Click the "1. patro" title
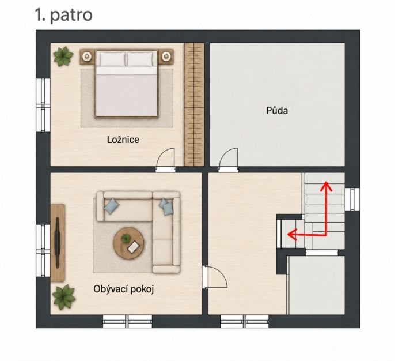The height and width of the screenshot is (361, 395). [64, 15]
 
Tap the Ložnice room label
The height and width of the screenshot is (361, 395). [123, 140]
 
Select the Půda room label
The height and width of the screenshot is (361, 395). [277, 111]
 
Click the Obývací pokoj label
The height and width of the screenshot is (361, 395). [123, 289]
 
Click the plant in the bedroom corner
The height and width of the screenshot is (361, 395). [63, 57]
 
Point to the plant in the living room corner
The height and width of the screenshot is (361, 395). [64, 297]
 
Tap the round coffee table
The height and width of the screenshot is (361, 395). [129, 243]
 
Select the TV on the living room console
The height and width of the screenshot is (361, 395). [58, 242]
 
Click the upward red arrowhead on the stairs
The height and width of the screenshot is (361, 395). [326, 186]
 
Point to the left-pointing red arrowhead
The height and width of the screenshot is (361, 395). [293, 235]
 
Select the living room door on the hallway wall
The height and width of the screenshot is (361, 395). [214, 277]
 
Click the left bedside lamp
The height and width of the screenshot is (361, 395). [87, 57]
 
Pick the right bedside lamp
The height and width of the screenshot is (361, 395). [166, 57]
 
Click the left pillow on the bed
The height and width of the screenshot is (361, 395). [113, 59]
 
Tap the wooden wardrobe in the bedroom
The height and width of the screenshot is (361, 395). [195, 104]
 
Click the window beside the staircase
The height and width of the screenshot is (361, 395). [352, 200]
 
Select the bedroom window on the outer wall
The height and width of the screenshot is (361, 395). [43, 105]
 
